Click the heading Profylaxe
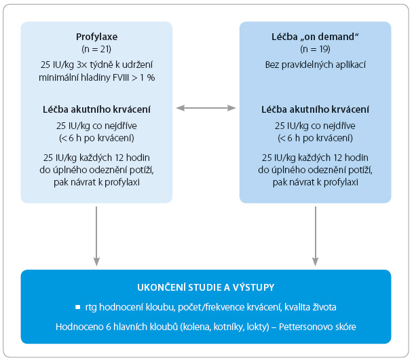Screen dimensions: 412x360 (96, 37)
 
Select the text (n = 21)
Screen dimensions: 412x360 (96, 49)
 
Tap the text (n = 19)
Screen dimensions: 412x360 (315, 49)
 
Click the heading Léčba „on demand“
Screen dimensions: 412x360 (315, 37)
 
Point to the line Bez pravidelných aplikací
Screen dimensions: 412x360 (316, 65)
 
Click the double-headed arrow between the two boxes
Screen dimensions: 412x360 (206, 108)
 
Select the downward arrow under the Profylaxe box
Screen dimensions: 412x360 (96, 236)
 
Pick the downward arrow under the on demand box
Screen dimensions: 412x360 (316, 236)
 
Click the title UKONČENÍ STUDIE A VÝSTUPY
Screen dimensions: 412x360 (206, 287)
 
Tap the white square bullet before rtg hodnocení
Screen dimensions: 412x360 (78, 307)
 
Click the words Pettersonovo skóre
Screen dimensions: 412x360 (318, 327)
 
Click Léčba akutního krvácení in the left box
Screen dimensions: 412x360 (96, 109)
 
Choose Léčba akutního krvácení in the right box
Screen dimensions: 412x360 (315, 109)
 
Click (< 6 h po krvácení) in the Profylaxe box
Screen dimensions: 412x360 (96, 138)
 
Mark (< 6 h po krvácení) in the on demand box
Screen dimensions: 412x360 (316, 138)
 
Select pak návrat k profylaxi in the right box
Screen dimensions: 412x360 (316, 182)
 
